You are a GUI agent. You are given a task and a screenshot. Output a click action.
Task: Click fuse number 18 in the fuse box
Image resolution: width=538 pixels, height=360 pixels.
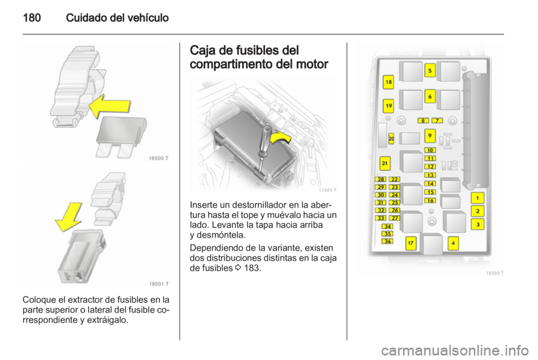(388, 82)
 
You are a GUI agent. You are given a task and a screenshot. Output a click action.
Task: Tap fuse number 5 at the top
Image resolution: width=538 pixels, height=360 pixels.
(430, 71)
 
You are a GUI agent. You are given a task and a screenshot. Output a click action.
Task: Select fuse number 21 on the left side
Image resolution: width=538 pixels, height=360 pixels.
(385, 163)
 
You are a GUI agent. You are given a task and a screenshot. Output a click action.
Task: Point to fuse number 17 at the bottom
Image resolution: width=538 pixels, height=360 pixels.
(411, 243)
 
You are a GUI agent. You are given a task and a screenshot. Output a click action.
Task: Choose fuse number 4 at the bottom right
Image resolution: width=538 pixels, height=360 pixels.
(453, 243)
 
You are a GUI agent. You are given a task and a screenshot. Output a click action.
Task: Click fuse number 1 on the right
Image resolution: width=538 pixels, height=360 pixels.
(477, 198)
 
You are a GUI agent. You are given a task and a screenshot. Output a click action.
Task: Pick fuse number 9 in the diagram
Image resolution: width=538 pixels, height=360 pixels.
(430, 136)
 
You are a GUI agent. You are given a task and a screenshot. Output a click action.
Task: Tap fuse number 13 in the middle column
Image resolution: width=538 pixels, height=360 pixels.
(430, 175)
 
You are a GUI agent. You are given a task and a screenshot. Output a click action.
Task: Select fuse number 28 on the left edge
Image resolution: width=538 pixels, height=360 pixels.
(381, 179)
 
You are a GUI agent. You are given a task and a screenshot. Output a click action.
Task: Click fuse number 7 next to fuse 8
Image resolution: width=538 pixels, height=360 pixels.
(437, 121)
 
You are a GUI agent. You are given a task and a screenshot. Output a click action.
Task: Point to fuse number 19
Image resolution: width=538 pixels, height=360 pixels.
(388, 105)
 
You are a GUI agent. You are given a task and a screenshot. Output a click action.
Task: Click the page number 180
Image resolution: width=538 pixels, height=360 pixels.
(32, 17)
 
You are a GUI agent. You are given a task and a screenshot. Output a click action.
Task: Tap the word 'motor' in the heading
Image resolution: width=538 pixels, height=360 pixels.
(312, 64)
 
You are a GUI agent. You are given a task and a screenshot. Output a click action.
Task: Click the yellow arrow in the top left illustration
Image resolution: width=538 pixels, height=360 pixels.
(110, 107)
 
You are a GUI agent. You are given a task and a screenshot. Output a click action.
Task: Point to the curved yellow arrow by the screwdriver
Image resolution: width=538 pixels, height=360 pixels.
(280, 137)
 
